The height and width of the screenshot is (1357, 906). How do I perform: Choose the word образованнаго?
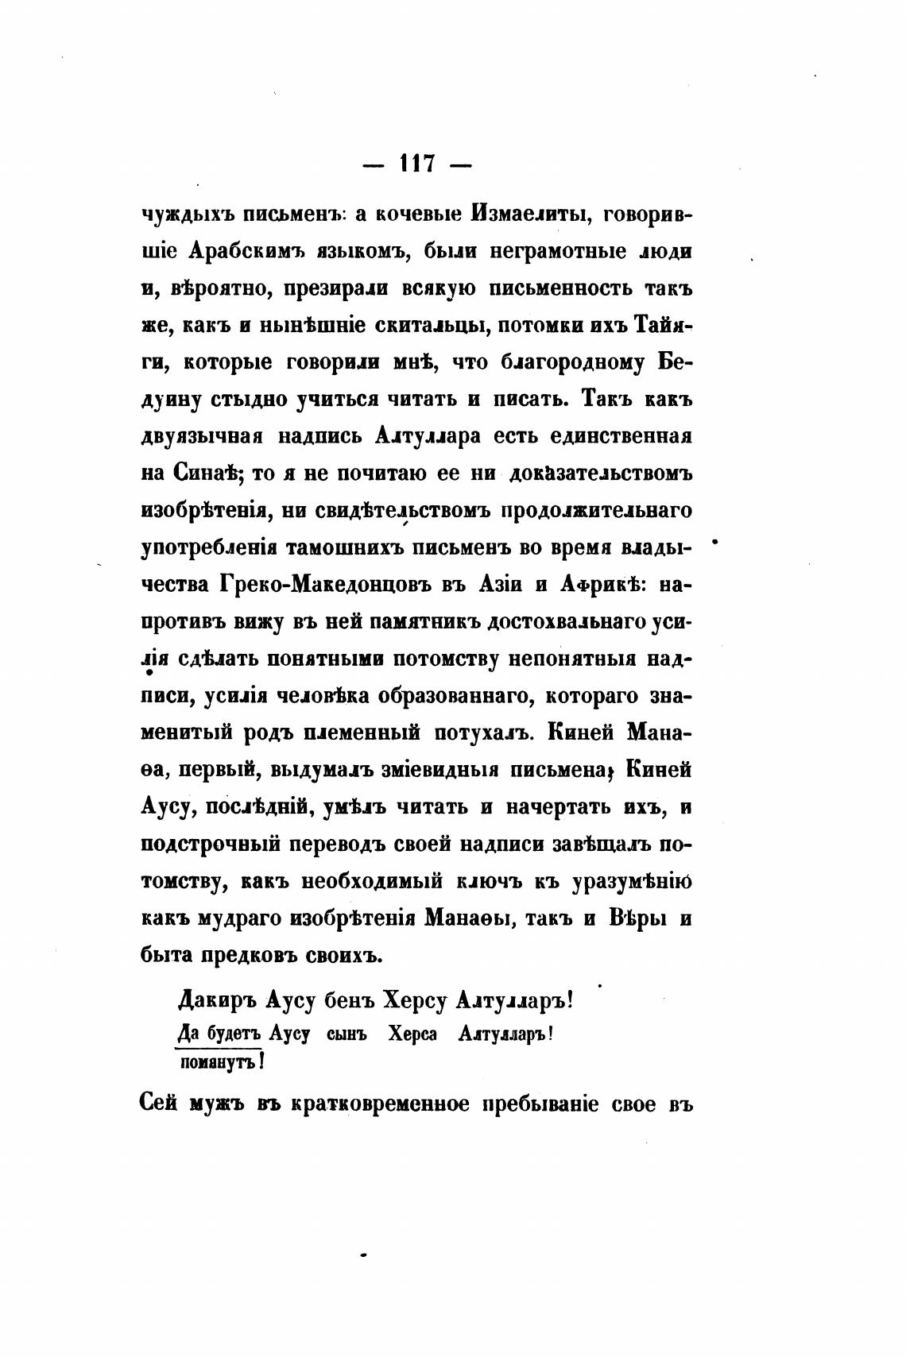coord(446,696)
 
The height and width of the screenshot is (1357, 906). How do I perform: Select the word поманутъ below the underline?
coord(215,1061)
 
